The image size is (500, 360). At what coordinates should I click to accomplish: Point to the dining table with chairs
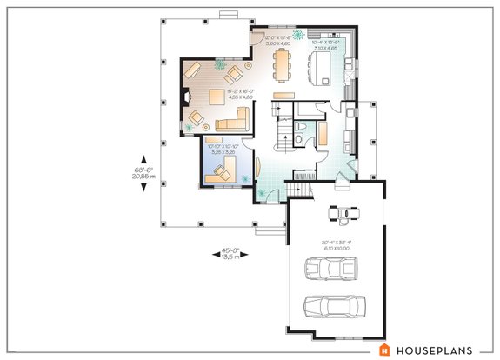point(283,63)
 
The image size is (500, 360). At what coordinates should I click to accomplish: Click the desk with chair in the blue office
point(223,168)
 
